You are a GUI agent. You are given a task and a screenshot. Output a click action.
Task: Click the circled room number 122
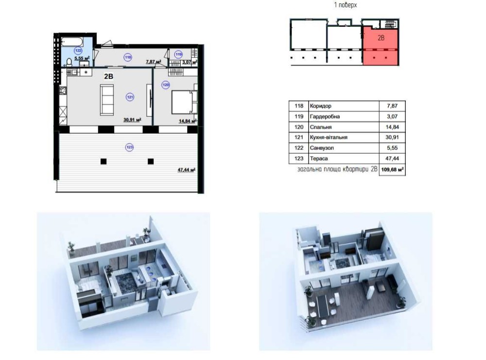click(x=78, y=50)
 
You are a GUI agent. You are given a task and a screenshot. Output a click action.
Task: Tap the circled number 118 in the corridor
click(x=128, y=57)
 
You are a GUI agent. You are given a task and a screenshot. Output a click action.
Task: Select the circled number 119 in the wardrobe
click(x=178, y=54)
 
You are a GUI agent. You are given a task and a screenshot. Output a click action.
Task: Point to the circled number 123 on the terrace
click(x=130, y=147)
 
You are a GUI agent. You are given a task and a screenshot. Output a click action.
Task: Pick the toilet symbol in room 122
click(x=69, y=63)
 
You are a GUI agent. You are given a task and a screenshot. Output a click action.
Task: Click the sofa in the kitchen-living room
click(x=106, y=100)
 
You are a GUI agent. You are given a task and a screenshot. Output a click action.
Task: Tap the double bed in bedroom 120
click(x=184, y=102)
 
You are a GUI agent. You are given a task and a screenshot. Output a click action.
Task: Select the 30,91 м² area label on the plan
click(x=133, y=119)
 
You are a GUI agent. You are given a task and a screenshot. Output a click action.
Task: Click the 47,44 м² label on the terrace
click(x=187, y=170)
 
